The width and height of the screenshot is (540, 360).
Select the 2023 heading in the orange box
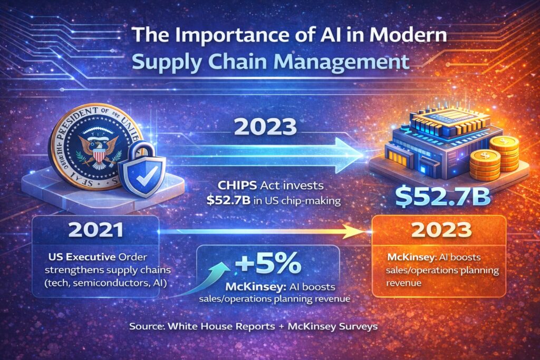(439, 230)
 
